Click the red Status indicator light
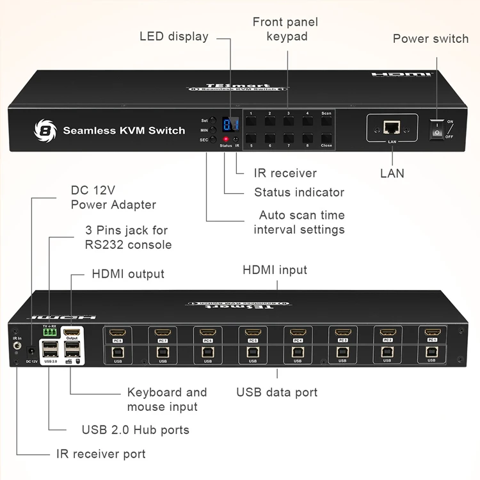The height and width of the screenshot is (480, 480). [x=225, y=139]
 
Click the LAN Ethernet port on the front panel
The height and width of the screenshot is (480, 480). [x=391, y=127]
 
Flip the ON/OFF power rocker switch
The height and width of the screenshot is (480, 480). [x=437, y=127]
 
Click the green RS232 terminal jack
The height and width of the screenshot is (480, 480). [x=49, y=332]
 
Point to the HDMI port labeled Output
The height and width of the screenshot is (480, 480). [x=72, y=333]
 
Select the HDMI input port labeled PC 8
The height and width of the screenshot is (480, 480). [x=117, y=333]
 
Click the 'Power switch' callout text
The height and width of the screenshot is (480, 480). [x=430, y=38]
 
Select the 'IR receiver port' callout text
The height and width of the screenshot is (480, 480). [x=100, y=454]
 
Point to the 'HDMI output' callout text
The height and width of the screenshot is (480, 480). [x=128, y=274]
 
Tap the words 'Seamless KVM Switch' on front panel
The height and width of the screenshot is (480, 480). [x=124, y=131]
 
